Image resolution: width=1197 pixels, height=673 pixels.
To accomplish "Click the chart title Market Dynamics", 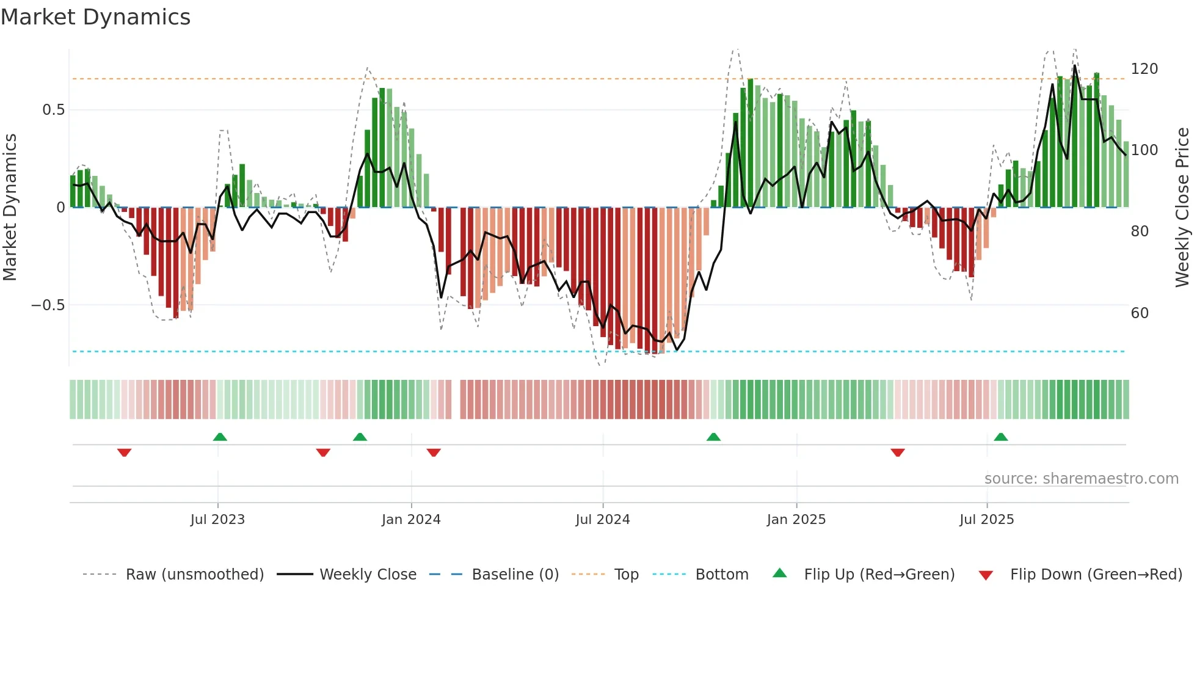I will coord(96,17).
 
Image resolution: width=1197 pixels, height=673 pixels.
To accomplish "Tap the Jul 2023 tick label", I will coord(217,519).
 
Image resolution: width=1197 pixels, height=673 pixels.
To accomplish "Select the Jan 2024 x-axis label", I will coord(411,519).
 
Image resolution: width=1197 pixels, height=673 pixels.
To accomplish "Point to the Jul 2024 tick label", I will coord(603,519).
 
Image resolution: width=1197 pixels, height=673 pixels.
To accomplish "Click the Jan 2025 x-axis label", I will coord(796,519).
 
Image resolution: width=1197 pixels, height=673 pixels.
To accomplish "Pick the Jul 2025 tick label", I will coord(987,519).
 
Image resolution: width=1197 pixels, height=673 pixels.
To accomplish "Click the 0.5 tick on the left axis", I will coord(53,110).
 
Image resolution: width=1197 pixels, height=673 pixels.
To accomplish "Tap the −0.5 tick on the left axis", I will coord(48,305).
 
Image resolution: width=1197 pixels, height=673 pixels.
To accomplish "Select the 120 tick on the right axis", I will coord(1144,69).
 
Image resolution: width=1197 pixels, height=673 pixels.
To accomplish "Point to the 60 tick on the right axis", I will coord(1140,313).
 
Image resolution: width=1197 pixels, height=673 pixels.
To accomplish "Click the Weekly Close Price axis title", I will coord(1182,208).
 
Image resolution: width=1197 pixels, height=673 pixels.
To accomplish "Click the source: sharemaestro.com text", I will coord(1082,479).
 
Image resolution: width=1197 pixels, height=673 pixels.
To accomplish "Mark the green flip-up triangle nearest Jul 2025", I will coord(1000,437).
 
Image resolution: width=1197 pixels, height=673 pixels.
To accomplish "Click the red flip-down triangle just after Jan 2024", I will coord(434,453).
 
